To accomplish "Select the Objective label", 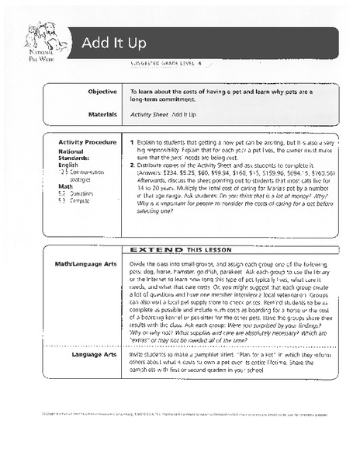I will pos(102,91).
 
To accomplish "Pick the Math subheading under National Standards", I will pos(65,186).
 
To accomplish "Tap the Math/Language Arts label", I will pos(85,265).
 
